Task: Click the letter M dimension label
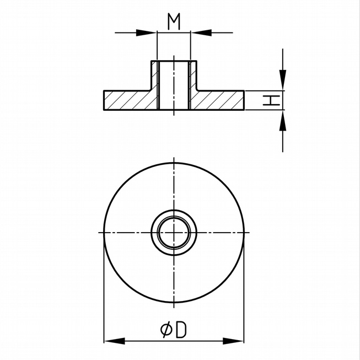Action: point(174,22)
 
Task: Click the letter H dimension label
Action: point(272,100)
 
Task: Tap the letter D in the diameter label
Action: point(181,330)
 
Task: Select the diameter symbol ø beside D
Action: point(166,330)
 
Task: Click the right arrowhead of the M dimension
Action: point(201,33)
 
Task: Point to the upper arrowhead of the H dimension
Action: point(283,80)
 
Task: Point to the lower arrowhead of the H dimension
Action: point(283,121)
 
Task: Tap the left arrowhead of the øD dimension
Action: point(114,341)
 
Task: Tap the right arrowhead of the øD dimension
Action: point(233,341)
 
